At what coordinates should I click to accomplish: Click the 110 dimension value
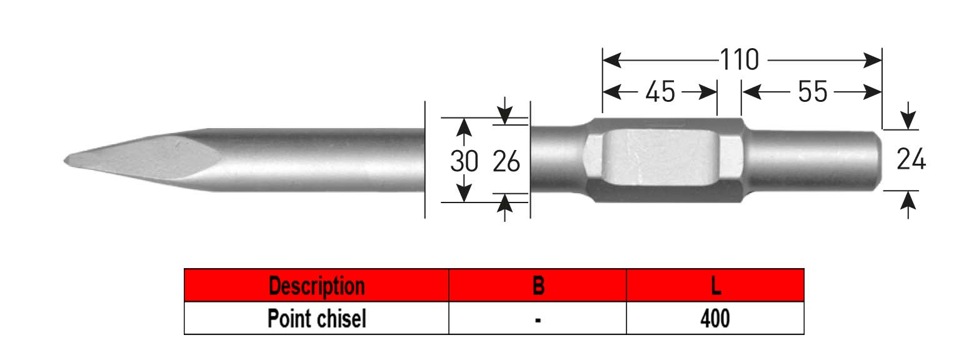pyautogui.click(x=739, y=61)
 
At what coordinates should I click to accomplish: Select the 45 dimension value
pyautogui.click(x=660, y=92)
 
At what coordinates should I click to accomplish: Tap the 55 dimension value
pyautogui.click(x=812, y=92)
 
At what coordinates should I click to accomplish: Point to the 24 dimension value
pyautogui.click(x=911, y=161)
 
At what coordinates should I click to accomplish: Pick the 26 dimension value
pyautogui.click(x=506, y=161)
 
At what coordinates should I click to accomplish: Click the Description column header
pyautogui.click(x=316, y=286)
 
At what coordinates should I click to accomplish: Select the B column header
pyautogui.click(x=538, y=286)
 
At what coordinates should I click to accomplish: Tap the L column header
pyautogui.click(x=715, y=286)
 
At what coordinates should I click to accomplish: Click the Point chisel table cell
pyautogui.click(x=316, y=319)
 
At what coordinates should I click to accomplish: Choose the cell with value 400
pyautogui.click(x=715, y=319)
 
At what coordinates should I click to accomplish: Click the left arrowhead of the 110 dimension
pyautogui.click(x=610, y=61)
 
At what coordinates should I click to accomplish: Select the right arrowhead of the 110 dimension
pyautogui.click(x=873, y=61)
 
